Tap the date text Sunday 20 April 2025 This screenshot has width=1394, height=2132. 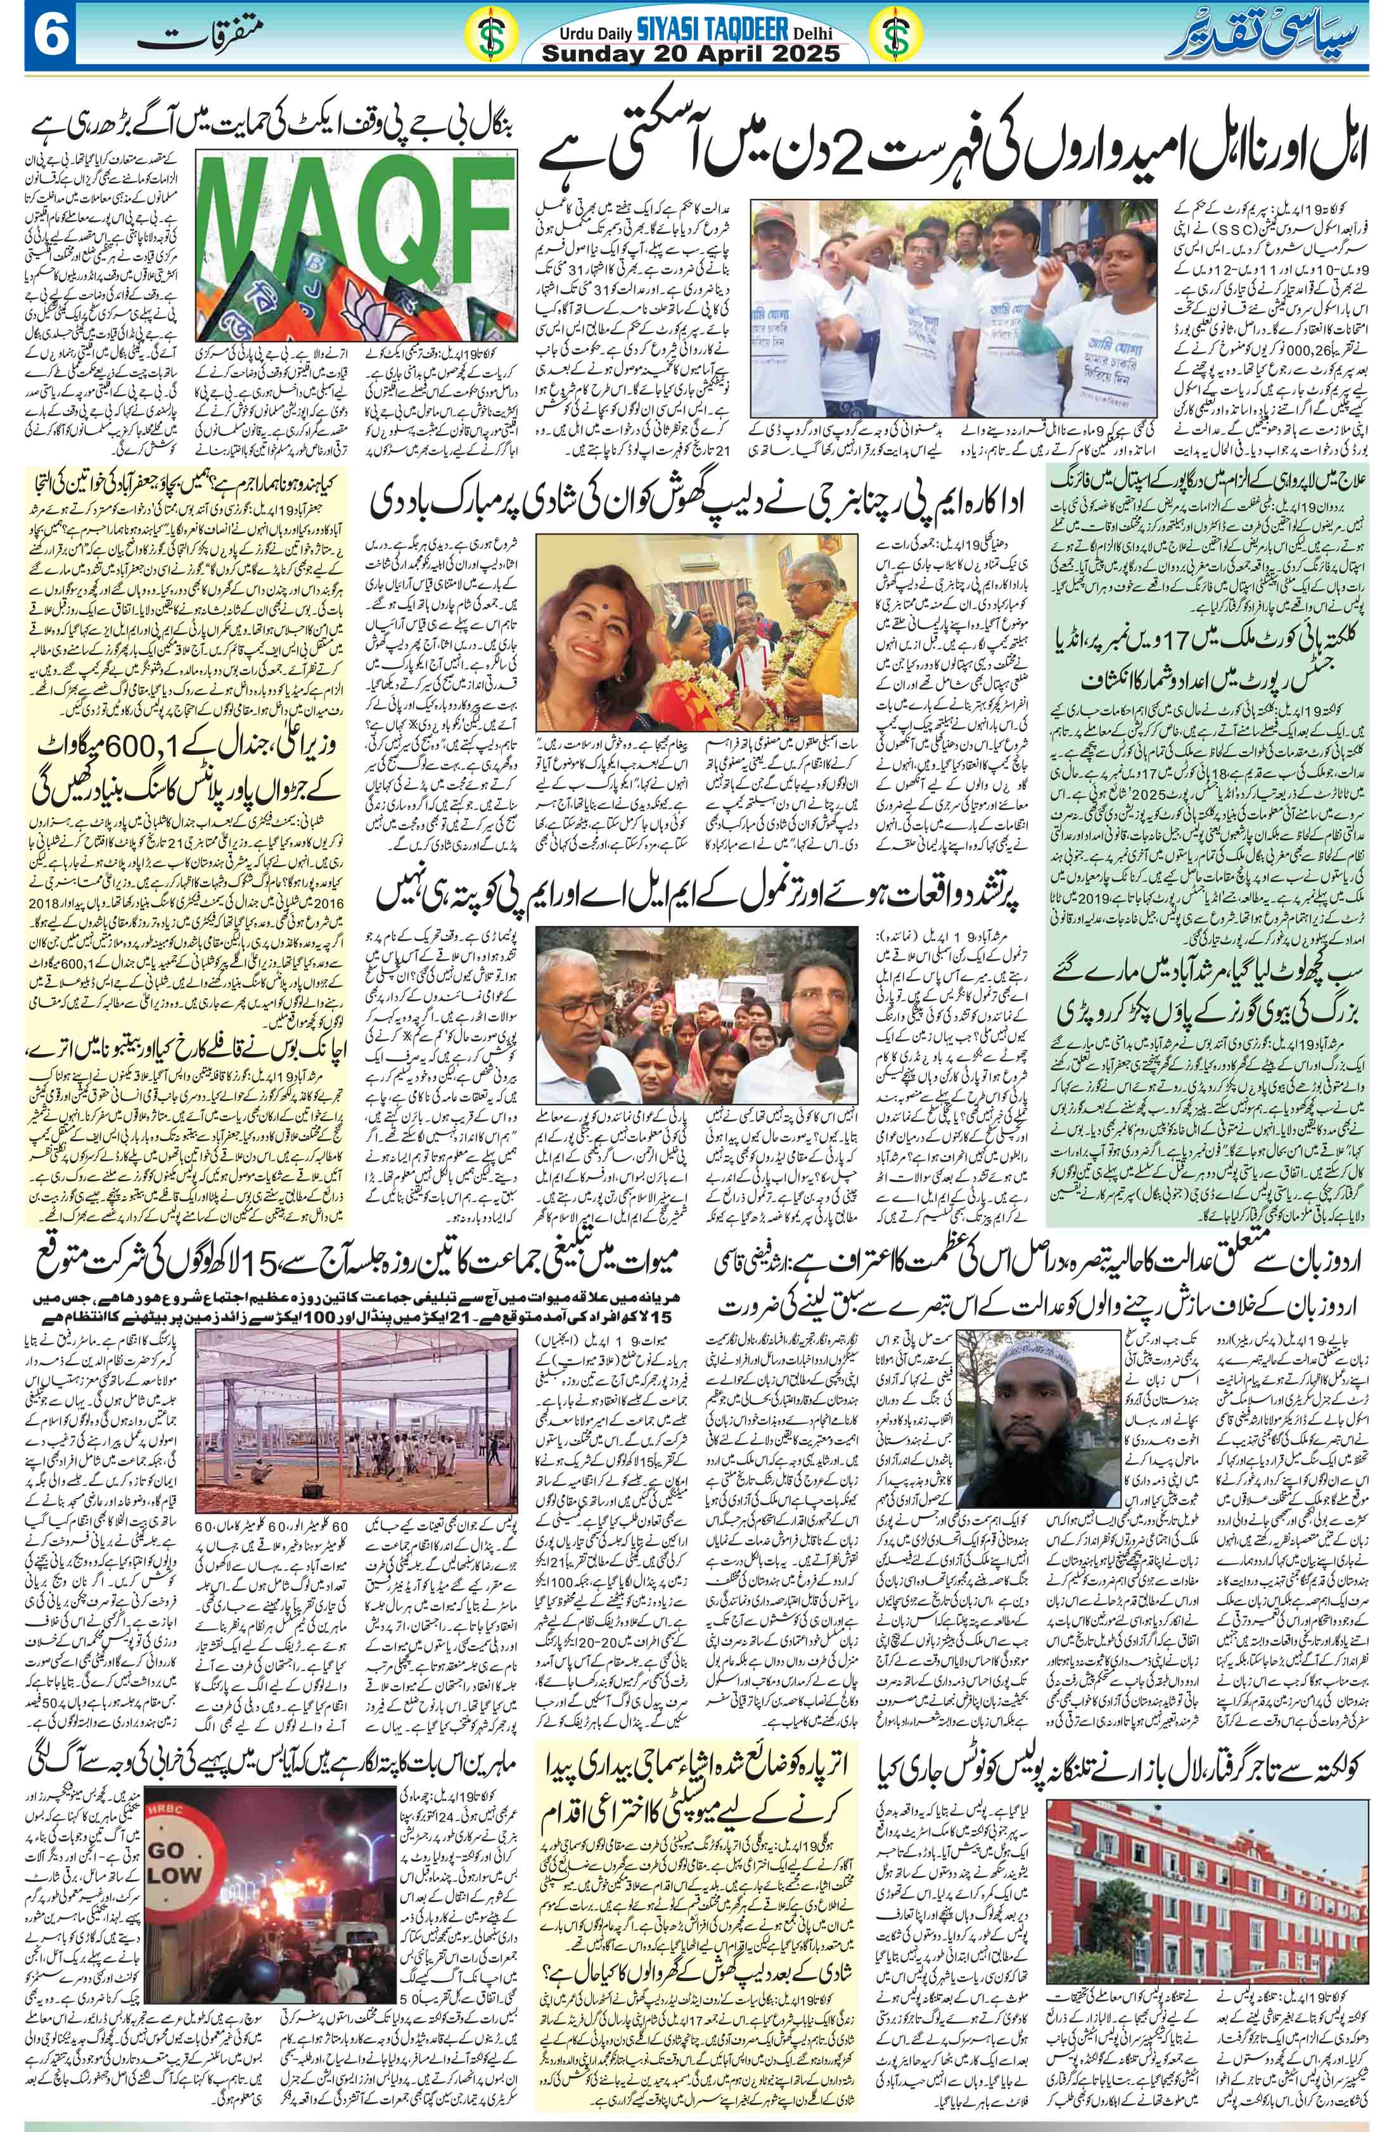(695, 54)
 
